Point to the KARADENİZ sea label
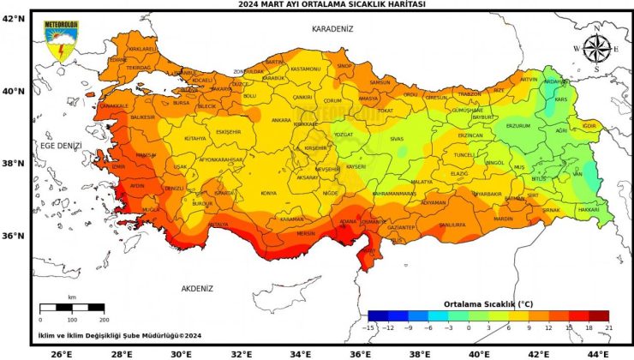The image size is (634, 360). (x=332, y=28)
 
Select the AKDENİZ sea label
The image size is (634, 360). (x=196, y=289)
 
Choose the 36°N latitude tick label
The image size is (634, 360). (x=13, y=236)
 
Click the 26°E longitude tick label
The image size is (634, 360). (x=61, y=352)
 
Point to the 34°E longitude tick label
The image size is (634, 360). (x=300, y=352)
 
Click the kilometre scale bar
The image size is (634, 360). (x=72, y=306)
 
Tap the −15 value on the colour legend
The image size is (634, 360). (x=368, y=327)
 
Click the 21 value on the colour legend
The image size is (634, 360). (x=608, y=327)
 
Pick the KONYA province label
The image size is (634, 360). (x=269, y=193)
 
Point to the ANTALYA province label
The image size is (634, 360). (x=218, y=225)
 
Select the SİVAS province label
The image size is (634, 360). (x=396, y=138)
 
